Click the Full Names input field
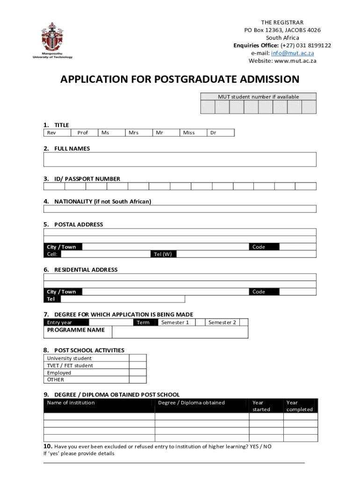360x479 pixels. click(x=180, y=160)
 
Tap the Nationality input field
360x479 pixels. click(x=180, y=209)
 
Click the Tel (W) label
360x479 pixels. click(x=163, y=254)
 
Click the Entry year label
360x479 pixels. click(x=59, y=322)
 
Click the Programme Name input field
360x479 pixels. click(x=180, y=332)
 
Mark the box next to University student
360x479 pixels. click(x=138, y=358)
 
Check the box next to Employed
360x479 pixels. click(x=138, y=373)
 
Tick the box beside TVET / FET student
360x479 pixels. click(x=138, y=365)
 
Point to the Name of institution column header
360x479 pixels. click(x=71, y=403)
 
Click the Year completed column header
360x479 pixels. click(x=299, y=406)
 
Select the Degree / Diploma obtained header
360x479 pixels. click(x=191, y=403)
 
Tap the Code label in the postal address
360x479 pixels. click(x=259, y=247)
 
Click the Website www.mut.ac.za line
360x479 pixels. click(x=282, y=61)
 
